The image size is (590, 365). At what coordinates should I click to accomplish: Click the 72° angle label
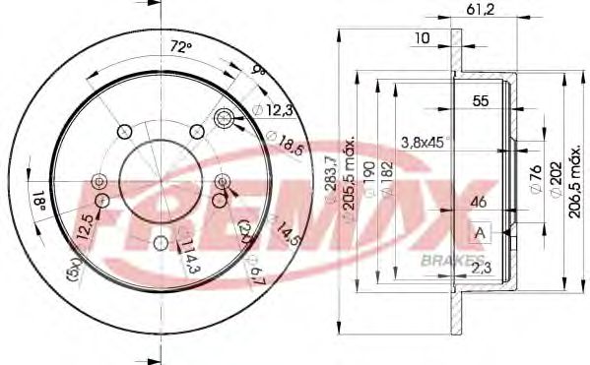coord(179,46)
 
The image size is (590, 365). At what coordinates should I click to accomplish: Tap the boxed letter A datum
coord(481,232)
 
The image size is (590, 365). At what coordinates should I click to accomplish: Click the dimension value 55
coord(481,101)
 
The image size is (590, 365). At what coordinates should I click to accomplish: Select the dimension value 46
coord(479,204)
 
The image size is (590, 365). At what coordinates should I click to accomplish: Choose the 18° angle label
coord(39,203)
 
